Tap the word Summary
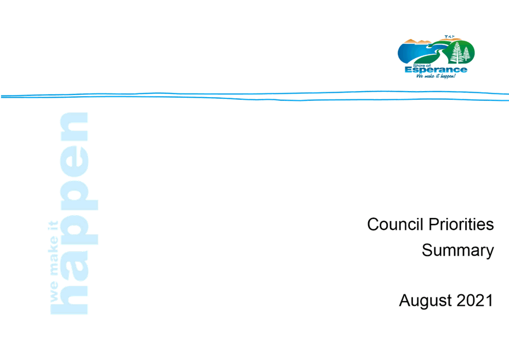point(457,251)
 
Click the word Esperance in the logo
point(436,70)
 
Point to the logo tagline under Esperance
point(437,77)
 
